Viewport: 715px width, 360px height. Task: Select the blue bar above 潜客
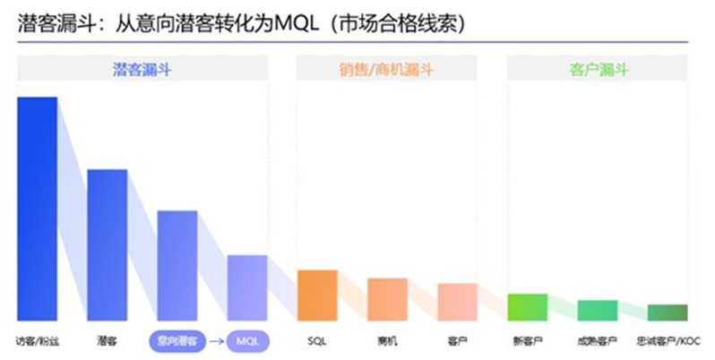(107, 244)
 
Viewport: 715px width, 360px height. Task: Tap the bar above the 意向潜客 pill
(177, 265)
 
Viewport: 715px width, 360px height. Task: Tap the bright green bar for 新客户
(527, 307)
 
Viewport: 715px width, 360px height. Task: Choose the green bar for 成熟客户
(598, 310)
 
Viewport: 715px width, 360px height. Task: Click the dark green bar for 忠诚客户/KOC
(668, 313)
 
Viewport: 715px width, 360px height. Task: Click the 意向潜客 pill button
(177, 341)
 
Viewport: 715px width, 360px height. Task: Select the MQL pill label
(246, 341)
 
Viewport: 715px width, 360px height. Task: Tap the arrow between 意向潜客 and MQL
(215, 341)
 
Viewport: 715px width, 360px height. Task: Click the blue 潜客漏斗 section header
(142, 68)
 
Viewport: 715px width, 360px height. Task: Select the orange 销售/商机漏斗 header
(386, 68)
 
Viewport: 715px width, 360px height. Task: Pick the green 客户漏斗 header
(597, 68)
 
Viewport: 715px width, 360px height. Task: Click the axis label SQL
(317, 341)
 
